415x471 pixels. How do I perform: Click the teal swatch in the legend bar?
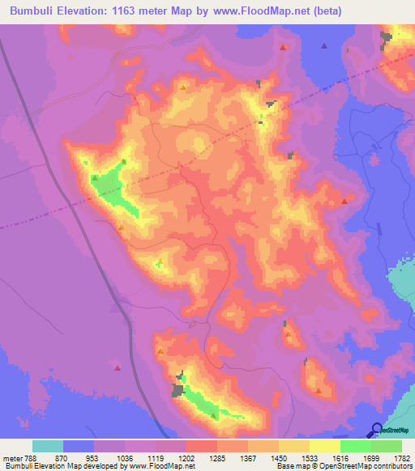pos(48,446)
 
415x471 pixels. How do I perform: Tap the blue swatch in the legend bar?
pos(79,446)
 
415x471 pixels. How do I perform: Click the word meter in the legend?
pos(11,457)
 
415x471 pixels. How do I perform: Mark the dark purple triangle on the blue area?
pos(323,46)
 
